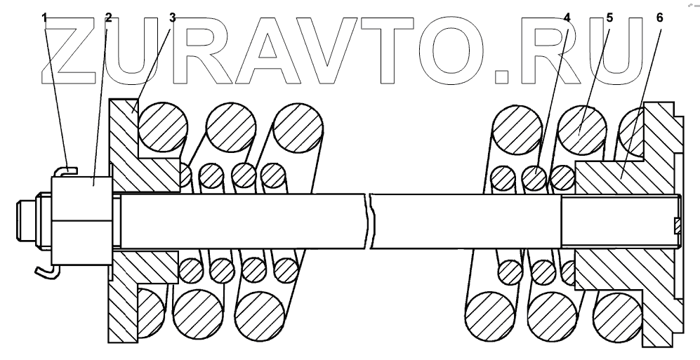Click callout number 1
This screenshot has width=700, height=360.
click(46, 17)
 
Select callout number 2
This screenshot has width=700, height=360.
click(107, 17)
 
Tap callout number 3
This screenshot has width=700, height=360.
click(173, 17)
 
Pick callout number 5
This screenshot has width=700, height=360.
click(609, 17)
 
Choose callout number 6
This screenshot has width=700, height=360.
click(659, 17)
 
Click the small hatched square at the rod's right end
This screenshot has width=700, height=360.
click(677, 225)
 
